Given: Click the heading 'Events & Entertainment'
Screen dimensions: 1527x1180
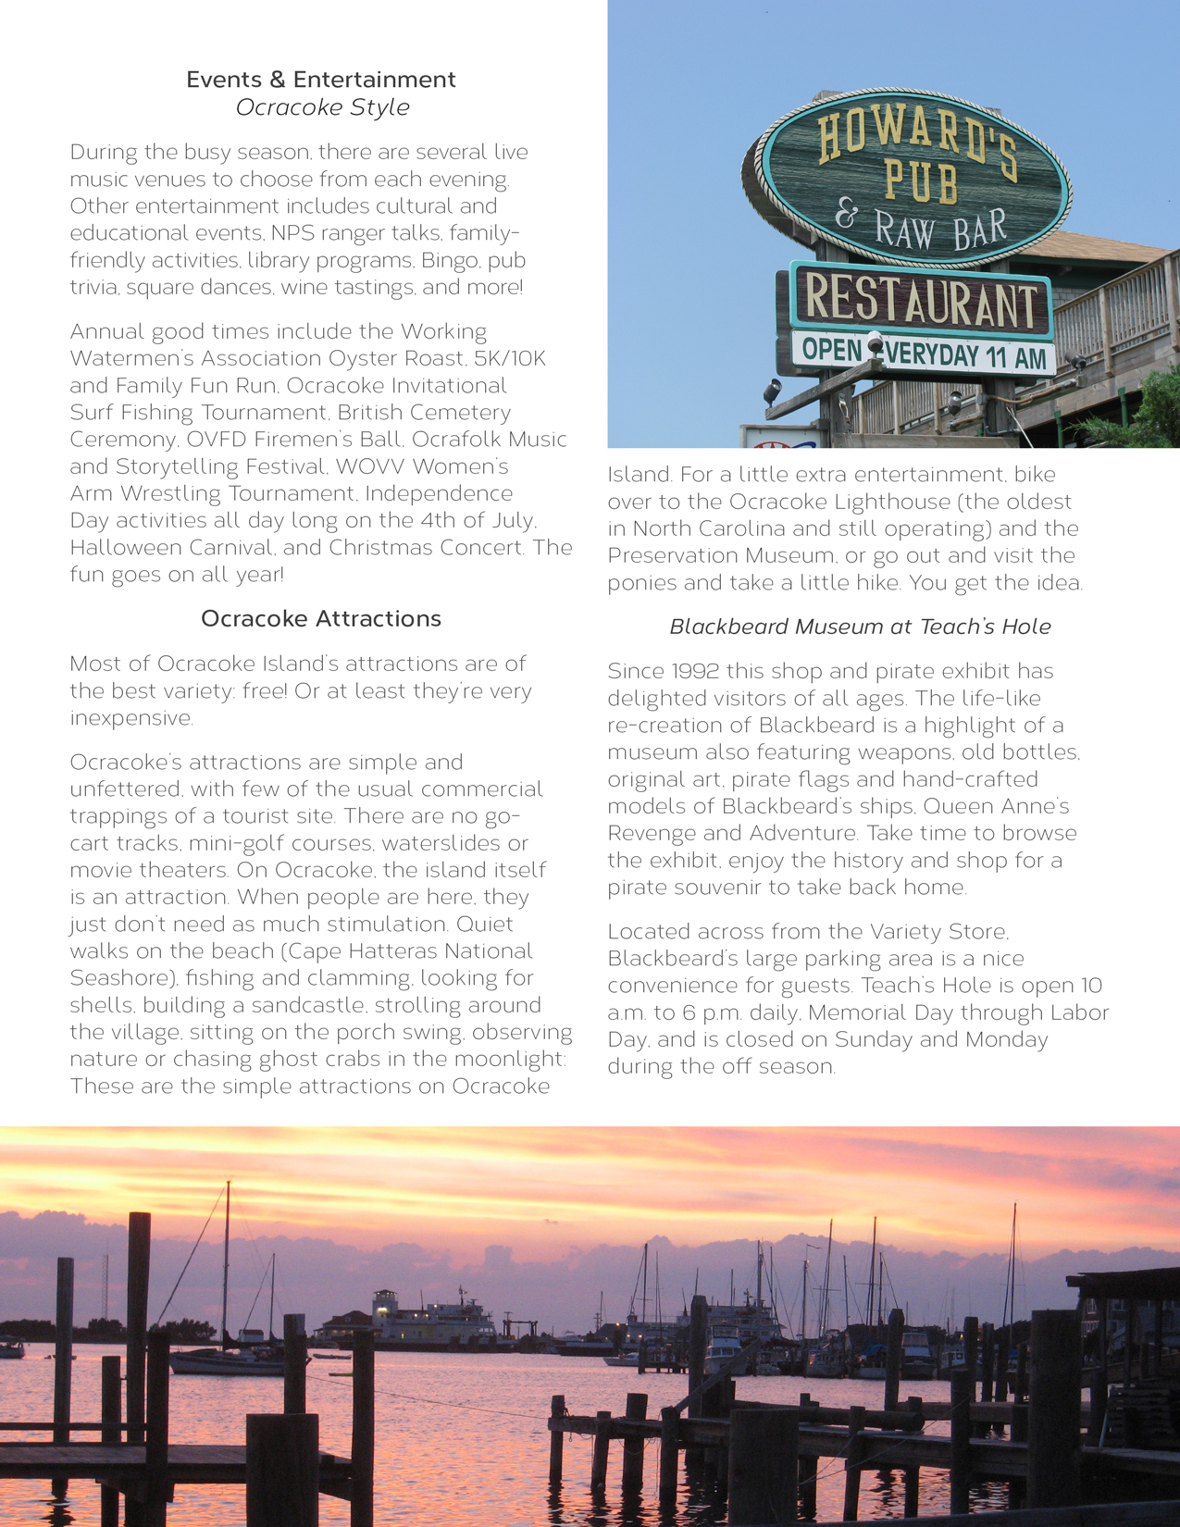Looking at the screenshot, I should coord(320,80).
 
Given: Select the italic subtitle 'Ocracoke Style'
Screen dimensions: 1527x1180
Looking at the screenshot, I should coord(322,107).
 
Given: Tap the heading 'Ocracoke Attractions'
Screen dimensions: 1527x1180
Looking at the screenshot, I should coord(320,618).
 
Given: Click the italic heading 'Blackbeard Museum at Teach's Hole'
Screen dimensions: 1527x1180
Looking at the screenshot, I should coord(860,627).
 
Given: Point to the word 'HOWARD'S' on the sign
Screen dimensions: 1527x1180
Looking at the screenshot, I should coord(916,143).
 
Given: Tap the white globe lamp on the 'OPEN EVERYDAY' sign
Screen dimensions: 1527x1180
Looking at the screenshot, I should coord(874,341).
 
